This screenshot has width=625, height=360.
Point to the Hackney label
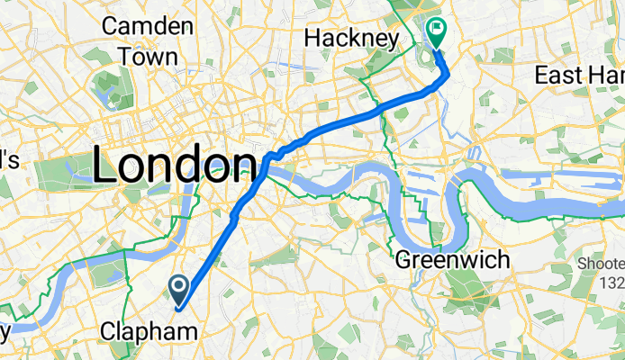tap(351, 39)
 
